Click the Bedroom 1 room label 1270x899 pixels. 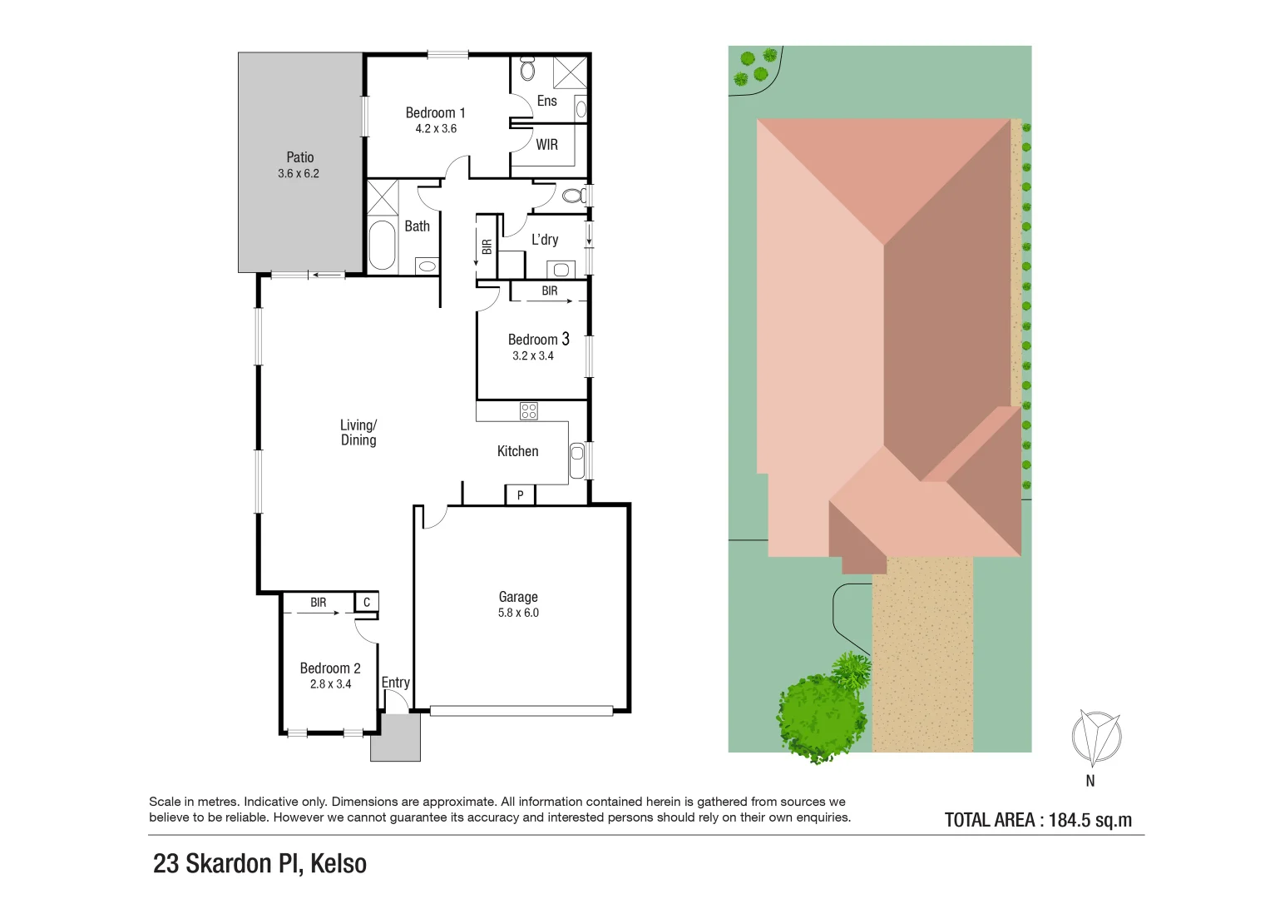tap(435, 112)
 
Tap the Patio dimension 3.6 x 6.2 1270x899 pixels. tap(299, 174)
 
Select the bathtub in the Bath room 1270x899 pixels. tap(382, 245)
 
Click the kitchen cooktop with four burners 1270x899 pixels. tap(528, 410)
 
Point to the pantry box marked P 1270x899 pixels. tap(520, 495)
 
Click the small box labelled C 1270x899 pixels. tap(367, 603)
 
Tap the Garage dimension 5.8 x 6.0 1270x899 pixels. tap(518, 613)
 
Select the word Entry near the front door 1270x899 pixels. tap(396, 683)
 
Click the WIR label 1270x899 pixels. tap(546, 145)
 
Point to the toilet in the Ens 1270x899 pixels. tap(527, 69)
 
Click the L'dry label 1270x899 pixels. tap(545, 240)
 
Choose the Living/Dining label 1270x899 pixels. tap(358, 433)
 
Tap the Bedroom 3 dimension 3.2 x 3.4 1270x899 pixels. tap(533, 355)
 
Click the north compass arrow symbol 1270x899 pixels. tap(1095, 738)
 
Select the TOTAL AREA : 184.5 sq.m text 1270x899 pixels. tap(1038, 820)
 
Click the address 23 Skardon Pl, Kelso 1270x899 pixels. tap(259, 864)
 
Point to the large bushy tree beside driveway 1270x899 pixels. tap(819, 717)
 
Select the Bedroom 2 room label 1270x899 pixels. tap(330, 668)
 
